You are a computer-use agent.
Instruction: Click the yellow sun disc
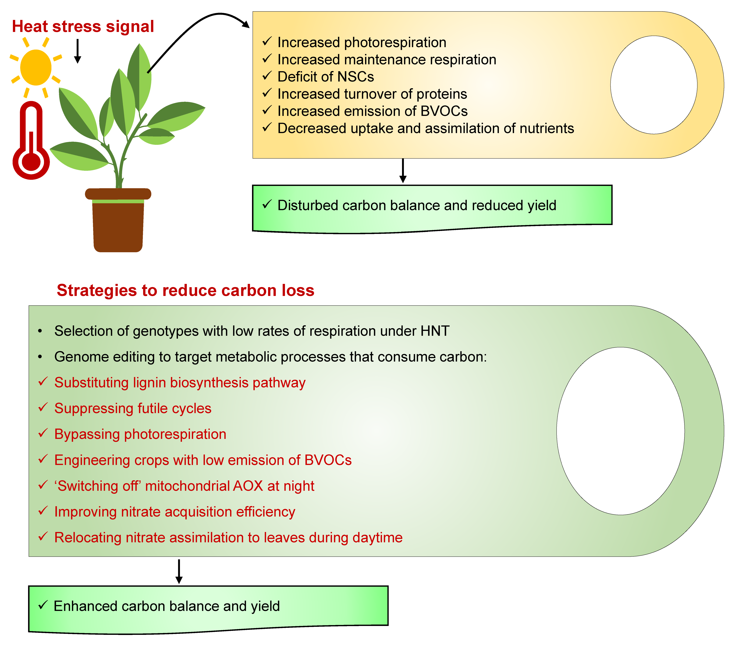point(36,67)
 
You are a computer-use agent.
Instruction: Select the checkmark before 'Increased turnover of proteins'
point(267,93)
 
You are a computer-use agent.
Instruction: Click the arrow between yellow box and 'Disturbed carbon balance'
point(403,171)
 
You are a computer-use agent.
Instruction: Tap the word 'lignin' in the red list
point(149,383)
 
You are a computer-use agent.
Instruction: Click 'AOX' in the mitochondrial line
point(248,486)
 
